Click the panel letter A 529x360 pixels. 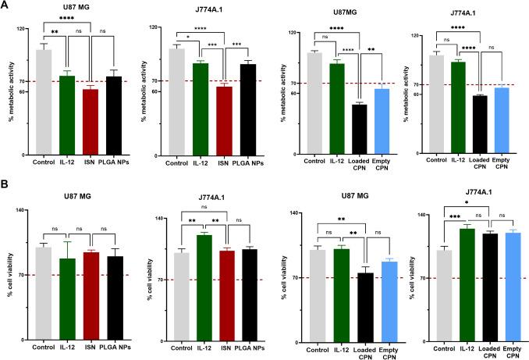(6, 7)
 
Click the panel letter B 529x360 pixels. (6, 187)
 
